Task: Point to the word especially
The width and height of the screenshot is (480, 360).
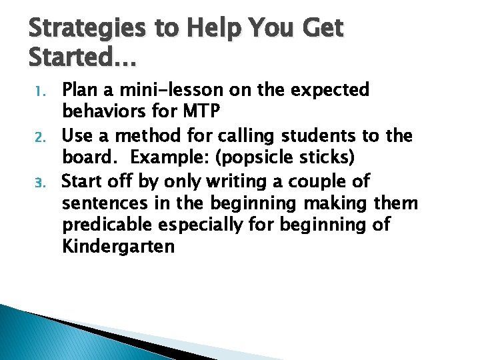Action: point(206,225)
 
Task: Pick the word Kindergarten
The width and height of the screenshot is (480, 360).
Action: point(118,247)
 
